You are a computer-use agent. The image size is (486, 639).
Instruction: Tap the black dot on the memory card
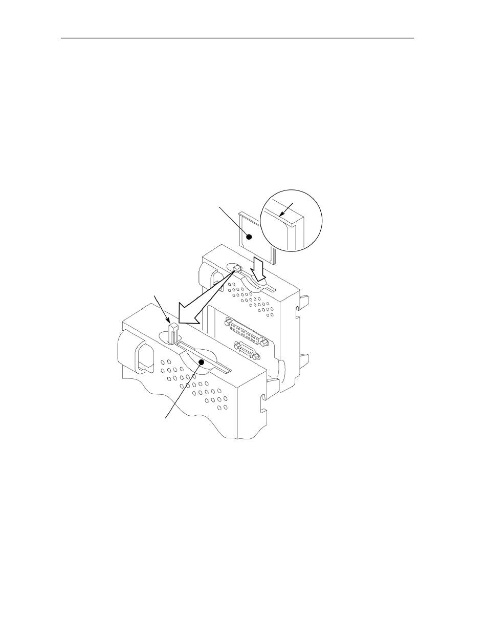250,236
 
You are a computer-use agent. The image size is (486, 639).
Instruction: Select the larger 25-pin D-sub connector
245,332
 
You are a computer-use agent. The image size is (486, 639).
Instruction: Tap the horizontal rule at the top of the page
237,38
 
